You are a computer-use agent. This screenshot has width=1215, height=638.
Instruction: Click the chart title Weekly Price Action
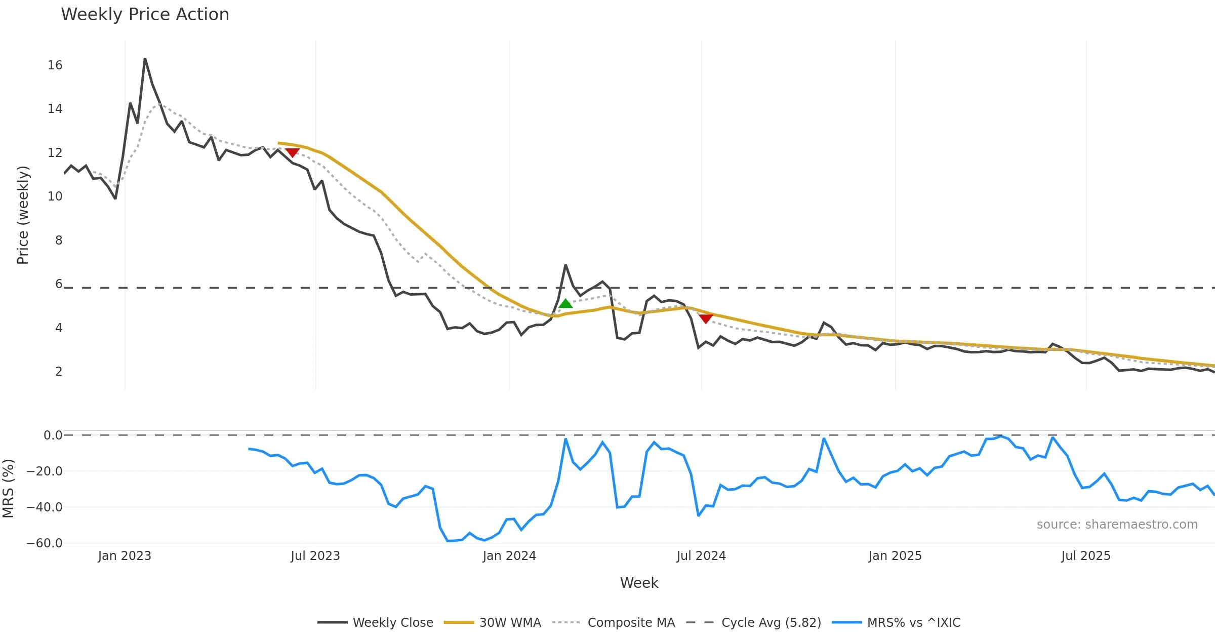point(145,15)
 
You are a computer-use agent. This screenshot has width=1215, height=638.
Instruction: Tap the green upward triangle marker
point(565,303)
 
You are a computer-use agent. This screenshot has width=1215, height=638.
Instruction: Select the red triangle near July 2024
point(706,318)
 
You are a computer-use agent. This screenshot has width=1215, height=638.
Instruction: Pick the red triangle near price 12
point(292,152)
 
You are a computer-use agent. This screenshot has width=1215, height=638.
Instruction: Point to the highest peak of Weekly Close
point(145,59)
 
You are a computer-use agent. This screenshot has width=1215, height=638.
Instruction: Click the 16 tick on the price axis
point(55,65)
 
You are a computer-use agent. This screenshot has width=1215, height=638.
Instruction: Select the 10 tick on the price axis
point(55,196)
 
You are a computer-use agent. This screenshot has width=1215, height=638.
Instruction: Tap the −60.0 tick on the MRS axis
point(45,543)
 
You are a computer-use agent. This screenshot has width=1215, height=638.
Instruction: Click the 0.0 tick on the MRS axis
point(53,435)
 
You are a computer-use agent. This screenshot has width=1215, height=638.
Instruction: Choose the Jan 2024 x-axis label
point(509,556)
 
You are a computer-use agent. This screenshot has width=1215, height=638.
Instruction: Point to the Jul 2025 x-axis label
point(1086,556)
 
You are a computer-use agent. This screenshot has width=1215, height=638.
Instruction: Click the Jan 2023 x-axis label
point(125,556)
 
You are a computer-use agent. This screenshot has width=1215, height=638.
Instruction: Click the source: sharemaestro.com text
point(1117,525)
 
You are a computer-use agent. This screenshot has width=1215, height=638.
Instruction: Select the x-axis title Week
point(639,583)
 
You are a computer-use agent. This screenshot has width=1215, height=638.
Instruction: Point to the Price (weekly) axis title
point(23,215)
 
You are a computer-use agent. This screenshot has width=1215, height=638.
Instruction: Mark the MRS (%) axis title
point(9,489)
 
